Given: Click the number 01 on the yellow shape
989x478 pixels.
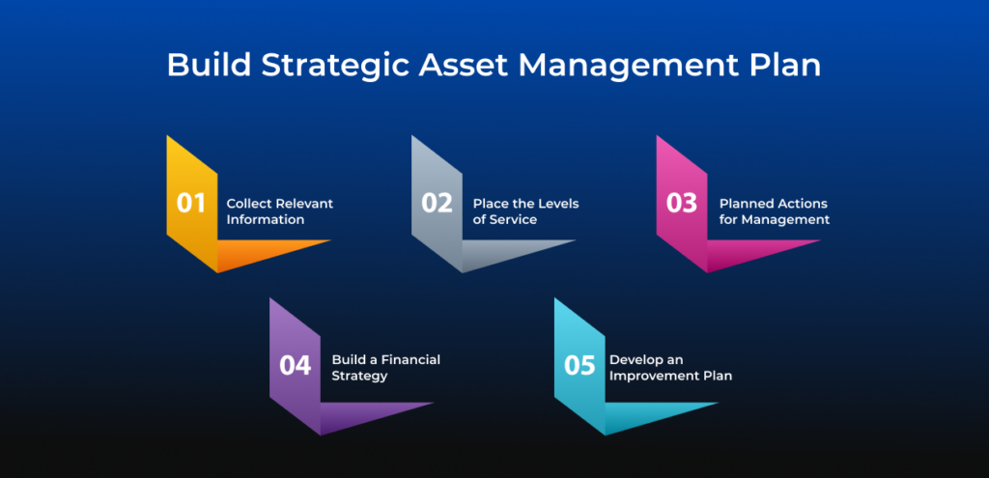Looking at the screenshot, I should tap(191, 203).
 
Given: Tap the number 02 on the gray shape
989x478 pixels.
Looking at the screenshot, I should tap(437, 203).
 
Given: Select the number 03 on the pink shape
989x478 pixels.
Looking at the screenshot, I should tap(682, 203).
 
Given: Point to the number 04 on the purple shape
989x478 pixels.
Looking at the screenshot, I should tap(295, 366).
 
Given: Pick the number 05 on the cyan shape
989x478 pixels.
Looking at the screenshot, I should tap(579, 366).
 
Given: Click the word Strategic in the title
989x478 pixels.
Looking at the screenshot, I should tap(323, 66).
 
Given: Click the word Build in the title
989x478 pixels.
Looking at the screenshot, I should tap(201, 66).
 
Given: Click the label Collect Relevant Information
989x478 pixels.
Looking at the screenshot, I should tap(279, 211).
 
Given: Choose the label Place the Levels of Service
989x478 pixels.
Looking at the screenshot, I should tap(524, 211).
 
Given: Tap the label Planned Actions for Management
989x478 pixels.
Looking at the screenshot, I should tap(774, 211).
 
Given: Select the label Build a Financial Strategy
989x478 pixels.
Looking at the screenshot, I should tap(385, 367).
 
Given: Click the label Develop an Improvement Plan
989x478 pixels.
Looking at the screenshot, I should tap(669, 367).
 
